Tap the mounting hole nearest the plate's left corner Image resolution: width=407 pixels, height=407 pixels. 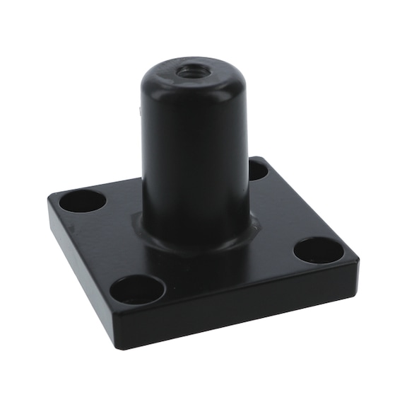[x=82, y=202]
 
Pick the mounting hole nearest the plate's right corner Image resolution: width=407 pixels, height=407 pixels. [x=318, y=248]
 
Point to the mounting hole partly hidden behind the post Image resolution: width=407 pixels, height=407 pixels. [x=257, y=170]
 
